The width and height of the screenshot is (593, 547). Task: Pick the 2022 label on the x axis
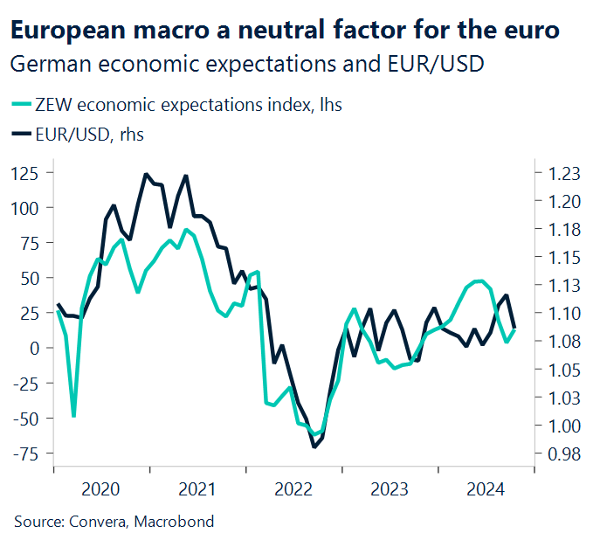pos(295,488)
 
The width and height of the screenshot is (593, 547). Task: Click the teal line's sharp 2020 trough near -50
pos(73,416)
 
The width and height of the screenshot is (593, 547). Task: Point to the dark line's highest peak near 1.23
pos(145,174)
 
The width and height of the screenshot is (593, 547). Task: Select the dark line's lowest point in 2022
pos(314,447)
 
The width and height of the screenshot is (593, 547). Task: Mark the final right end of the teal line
pos(515,329)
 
